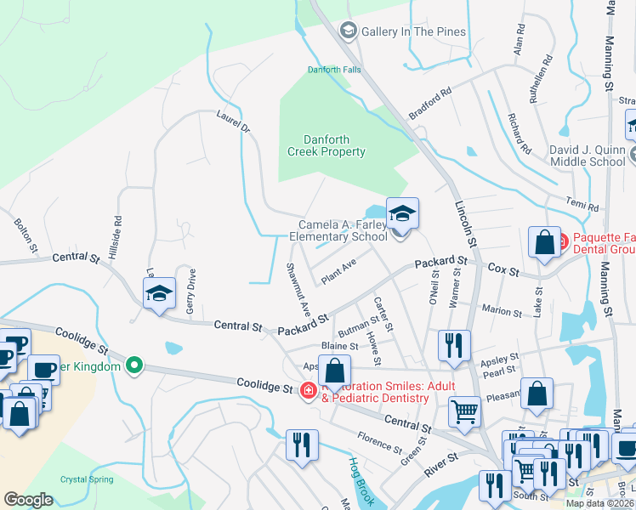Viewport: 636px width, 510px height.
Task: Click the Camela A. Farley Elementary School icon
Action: [x=402, y=212]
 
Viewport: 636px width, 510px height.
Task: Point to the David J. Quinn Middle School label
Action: [x=587, y=156]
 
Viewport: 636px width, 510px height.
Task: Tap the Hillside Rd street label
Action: [x=117, y=230]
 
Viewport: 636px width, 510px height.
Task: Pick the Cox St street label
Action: [x=503, y=269]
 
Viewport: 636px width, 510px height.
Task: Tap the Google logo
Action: [x=28, y=500]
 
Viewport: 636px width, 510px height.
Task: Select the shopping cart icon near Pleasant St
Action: [x=465, y=412]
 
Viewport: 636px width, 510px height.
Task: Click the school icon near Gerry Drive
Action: [x=159, y=293]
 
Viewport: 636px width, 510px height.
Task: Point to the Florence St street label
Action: [x=379, y=443]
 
